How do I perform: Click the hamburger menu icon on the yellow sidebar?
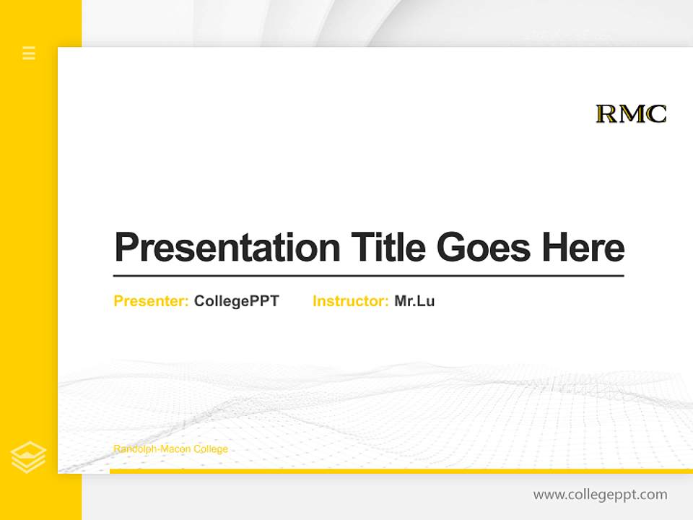29,53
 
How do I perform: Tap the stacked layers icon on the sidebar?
29,457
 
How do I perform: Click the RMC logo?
631,114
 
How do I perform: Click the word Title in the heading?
388,247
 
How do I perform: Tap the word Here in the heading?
583,247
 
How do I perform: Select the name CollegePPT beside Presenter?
237,301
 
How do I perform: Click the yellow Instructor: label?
351,301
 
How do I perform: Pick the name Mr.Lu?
414,301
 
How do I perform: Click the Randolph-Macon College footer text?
171,449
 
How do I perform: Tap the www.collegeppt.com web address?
601,495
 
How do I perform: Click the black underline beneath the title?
368,276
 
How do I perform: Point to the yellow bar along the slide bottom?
401,471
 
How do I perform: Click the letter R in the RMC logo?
605,114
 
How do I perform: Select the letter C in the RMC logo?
656,114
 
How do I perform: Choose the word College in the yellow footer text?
210,449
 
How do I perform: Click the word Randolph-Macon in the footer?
152,449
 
